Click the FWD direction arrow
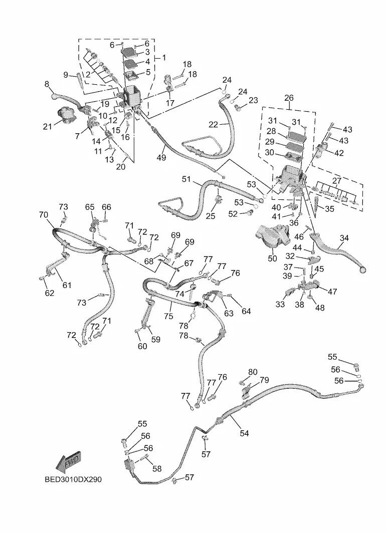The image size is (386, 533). [x=69, y=461]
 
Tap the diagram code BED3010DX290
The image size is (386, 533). [x=73, y=479]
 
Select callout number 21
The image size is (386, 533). [x=47, y=127]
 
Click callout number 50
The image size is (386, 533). [x=272, y=258]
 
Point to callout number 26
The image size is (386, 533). [x=289, y=98]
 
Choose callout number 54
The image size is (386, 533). [x=244, y=433]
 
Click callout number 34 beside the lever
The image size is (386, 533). [x=344, y=238]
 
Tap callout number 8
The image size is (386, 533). [x=47, y=84]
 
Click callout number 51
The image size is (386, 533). [x=186, y=179]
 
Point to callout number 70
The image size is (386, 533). [x=44, y=215]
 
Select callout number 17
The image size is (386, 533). [x=170, y=103]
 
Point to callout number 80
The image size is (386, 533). [x=253, y=372]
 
